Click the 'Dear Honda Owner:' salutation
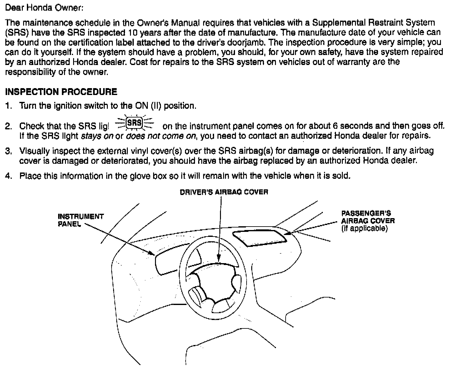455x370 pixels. (44, 8)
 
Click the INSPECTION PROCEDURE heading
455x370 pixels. (61, 92)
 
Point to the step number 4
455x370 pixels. (8, 176)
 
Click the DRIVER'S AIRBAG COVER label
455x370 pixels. (224, 192)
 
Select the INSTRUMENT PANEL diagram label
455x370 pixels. (81, 220)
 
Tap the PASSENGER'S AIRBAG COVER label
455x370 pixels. (368, 217)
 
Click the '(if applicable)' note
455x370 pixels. (364, 228)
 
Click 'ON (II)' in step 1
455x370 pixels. (148, 106)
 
